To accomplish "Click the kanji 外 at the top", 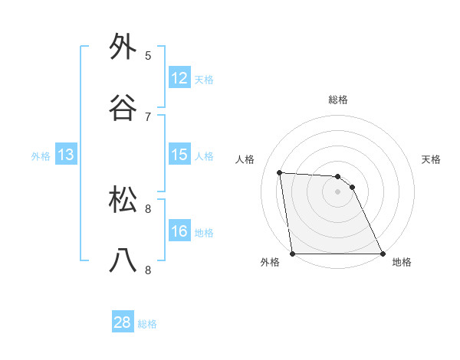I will pyautogui.click(x=123, y=47).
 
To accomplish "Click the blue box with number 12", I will pyautogui.click(x=179, y=78).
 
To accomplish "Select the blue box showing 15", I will pyautogui.click(x=179, y=155).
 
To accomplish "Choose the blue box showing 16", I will pyautogui.click(x=179, y=231).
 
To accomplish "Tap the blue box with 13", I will pyautogui.click(x=66, y=155).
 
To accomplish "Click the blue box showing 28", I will pyautogui.click(x=123, y=322).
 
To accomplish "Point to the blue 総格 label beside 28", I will pyautogui.click(x=147, y=324).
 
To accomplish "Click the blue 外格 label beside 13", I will pyautogui.click(x=41, y=156).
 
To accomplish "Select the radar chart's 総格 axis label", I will pyautogui.click(x=338, y=100).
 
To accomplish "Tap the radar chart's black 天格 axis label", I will pyautogui.click(x=432, y=159).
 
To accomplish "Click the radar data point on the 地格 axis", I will pyautogui.click(x=383, y=254).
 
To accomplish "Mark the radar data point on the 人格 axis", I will pyautogui.click(x=280, y=172).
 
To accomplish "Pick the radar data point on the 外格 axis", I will pyautogui.click(x=293, y=254).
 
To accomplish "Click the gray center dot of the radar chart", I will pyautogui.click(x=338, y=192).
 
